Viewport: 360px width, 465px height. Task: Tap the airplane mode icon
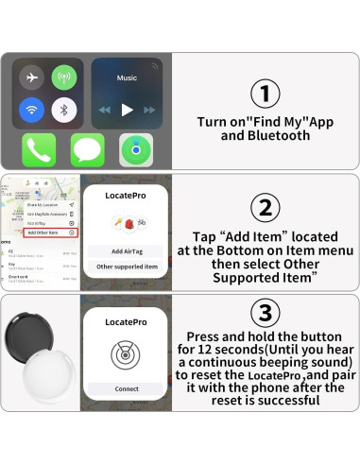coord(33,77)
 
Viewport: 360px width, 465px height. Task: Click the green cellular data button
coord(64,77)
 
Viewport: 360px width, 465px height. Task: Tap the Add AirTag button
coord(127,251)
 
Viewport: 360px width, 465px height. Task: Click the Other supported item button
coord(127,267)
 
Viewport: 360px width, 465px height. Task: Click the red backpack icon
coord(129,223)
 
